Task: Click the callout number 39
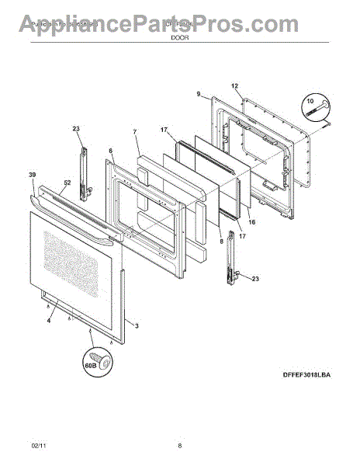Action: pyautogui.click(x=33, y=177)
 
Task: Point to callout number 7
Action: pyautogui.click(x=135, y=132)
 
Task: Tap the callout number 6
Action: pyautogui.click(x=110, y=151)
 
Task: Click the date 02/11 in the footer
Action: pyautogui.click(x=38, y=446)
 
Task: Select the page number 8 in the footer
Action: pyautogui.click(x=180, y=446)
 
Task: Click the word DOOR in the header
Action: pyautogui.click(x=180, y=35)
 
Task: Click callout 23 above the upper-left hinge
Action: pyautogui.click(x=76, y=130)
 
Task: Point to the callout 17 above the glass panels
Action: pyautogui.click(x=164, y=130)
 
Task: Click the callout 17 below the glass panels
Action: pyautogui.click(x=241, y=236)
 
